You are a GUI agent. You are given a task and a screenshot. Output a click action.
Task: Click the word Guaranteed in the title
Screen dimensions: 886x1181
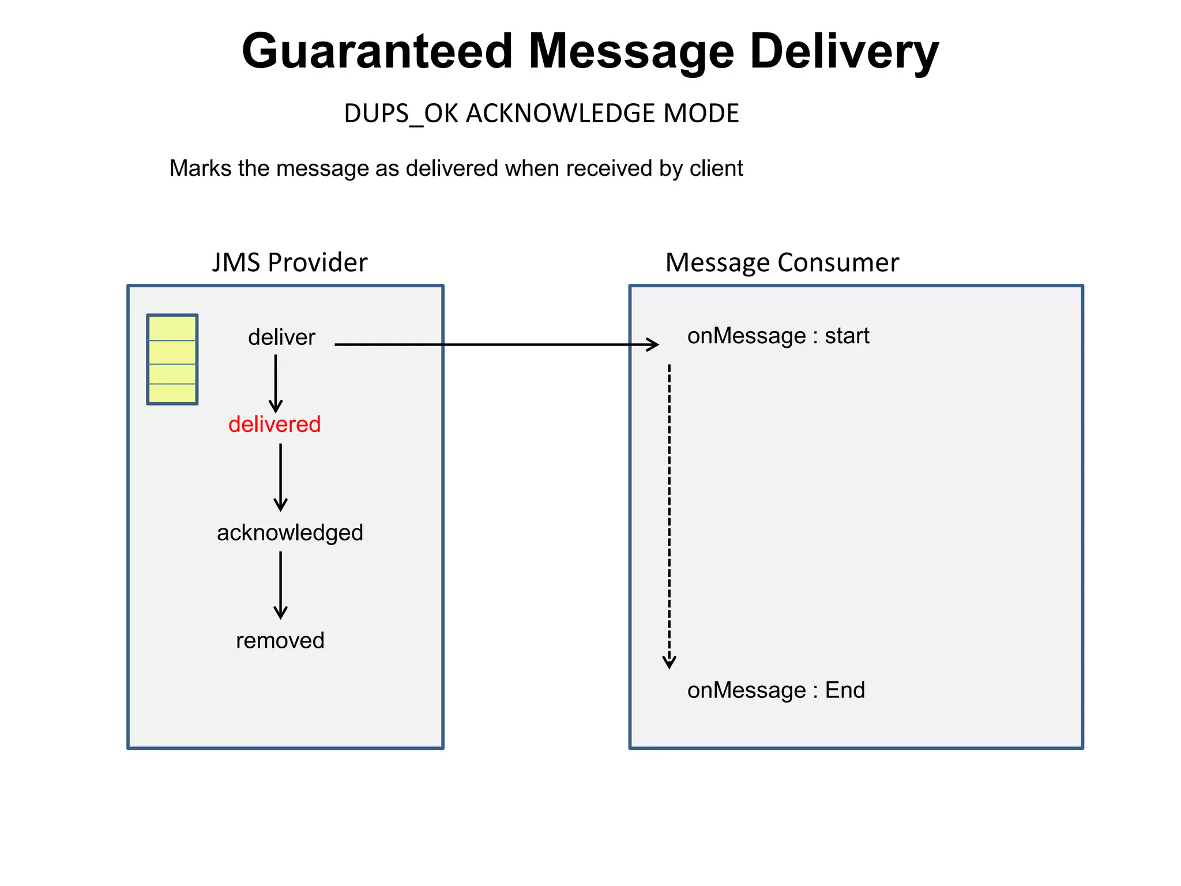(377, 52)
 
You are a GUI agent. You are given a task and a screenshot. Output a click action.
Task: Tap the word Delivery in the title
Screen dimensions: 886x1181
(844, 52)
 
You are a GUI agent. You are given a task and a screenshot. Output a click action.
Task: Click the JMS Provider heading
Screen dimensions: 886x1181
(289, 262)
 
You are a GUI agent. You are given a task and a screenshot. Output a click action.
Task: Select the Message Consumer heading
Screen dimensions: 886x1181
(782, 262)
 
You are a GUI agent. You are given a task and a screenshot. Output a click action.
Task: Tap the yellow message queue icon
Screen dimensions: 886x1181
(172, 359)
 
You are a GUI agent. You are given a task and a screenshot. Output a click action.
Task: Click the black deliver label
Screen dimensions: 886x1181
(281, 337)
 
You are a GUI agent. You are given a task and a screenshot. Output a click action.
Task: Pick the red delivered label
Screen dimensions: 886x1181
(274, 425)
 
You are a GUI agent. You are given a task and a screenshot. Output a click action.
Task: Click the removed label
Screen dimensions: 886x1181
(280, 641)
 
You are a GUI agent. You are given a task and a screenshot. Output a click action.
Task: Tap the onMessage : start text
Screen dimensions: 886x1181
(778, 336)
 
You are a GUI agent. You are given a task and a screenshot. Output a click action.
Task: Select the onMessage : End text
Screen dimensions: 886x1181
(776, 690)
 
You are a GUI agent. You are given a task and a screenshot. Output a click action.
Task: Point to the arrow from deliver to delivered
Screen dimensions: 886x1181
(276, 383)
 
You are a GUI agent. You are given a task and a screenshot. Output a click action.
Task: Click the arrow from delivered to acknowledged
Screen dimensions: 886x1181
(281, 478)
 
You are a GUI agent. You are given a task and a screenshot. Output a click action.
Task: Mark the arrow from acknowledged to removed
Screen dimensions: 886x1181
(281, 585)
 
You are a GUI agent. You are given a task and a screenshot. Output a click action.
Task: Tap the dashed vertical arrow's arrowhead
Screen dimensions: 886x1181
(670, 662)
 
